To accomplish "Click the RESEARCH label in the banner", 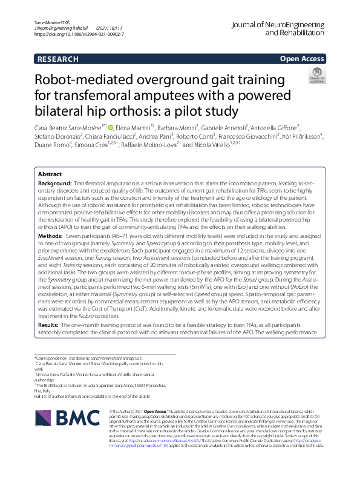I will pyautogui.click(x=58, y=59).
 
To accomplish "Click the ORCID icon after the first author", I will pyautogui.click(x=111, y=127).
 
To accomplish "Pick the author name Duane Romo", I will pyautogui.click(x=50, y=145).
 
